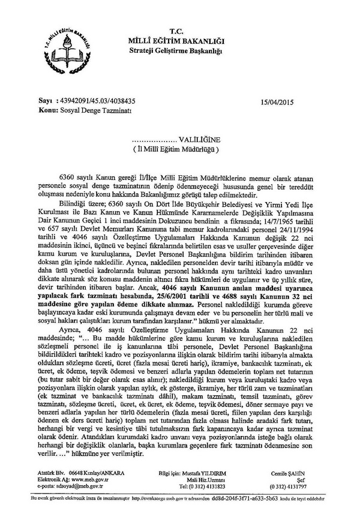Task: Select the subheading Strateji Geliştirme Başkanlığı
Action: pos(175,49)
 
